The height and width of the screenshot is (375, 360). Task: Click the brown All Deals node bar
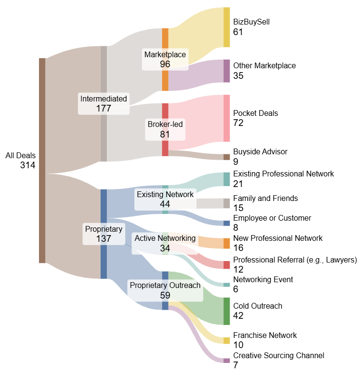click(x=42, y=161)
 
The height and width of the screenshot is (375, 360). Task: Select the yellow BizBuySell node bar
click(x=227, y=27)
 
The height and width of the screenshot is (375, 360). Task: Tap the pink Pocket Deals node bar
click(x=227, y=118)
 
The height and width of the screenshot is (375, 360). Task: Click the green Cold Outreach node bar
click(x=227, y=311)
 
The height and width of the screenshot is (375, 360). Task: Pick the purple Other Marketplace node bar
click(x=227, y=71)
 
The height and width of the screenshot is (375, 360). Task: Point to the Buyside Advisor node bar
click(x=227, y=157)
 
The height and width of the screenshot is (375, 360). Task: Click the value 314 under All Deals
click(x=27, y=165)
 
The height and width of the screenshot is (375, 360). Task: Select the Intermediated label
click(x=103, y=99)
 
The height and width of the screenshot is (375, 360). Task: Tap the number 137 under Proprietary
click(x=103, y=238)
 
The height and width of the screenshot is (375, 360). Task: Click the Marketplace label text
click(x=165, y=54)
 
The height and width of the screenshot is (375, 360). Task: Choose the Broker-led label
click(x=165, y=125)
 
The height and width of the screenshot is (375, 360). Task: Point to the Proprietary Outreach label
click(x=165, y=286)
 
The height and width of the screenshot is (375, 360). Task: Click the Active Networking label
click(x=165, y=238)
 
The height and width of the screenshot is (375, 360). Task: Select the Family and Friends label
click(x=265, y=198)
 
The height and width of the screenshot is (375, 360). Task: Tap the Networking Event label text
click(x=263, y=279)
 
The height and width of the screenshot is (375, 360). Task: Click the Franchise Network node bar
click(x=227, y=340)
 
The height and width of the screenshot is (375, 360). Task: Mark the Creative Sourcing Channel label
click(x=279, y=355)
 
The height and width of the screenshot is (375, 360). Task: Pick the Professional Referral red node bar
click(x=227, y=265)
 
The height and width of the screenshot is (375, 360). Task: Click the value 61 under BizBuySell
click(x=238, y=32)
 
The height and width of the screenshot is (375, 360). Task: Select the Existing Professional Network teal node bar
click(x=227, y=179)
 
